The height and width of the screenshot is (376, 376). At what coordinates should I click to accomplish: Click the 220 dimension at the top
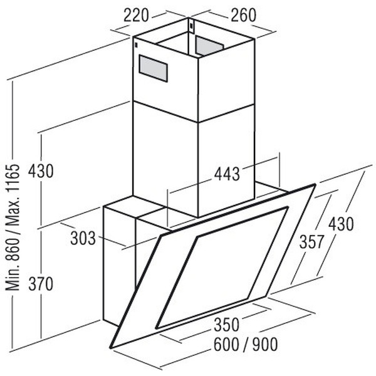(x=136, y=16)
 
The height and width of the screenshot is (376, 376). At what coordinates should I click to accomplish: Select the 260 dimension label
(x=243, y=16)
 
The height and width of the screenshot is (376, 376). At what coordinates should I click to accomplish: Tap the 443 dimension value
(x=227, y=174)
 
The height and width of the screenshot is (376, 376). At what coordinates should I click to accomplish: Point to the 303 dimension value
(x=83, y=239)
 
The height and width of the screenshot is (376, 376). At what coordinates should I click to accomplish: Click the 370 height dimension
(x=41, y=284)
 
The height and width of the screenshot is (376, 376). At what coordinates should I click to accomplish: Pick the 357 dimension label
(x=311, y=242)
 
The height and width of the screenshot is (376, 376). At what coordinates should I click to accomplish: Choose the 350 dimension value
(x=227, y=325)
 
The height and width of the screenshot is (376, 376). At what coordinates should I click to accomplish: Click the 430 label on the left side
(x=41, y=171)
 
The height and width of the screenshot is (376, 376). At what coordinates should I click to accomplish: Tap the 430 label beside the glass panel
(x=341, y=224)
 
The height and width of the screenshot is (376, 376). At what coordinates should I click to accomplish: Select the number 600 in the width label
(x=226, y=345)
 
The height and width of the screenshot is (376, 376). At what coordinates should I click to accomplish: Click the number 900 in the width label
(x=265, y=345)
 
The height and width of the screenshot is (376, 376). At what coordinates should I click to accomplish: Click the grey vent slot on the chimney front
(x=153, y=68)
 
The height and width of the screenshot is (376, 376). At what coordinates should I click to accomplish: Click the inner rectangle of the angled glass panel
(x=222, y=268)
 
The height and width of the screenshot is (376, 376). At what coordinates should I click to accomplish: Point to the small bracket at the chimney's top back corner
(x=191, y=25)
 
